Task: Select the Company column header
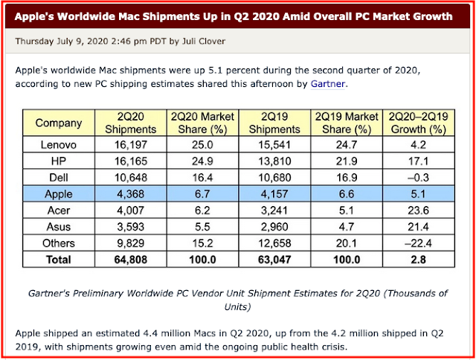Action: (59, 123)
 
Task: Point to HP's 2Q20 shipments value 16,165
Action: (134, 159)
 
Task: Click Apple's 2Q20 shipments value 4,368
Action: (134, 193)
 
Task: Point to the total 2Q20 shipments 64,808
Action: (134, 260)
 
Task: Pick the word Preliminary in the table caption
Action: (126, 294)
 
